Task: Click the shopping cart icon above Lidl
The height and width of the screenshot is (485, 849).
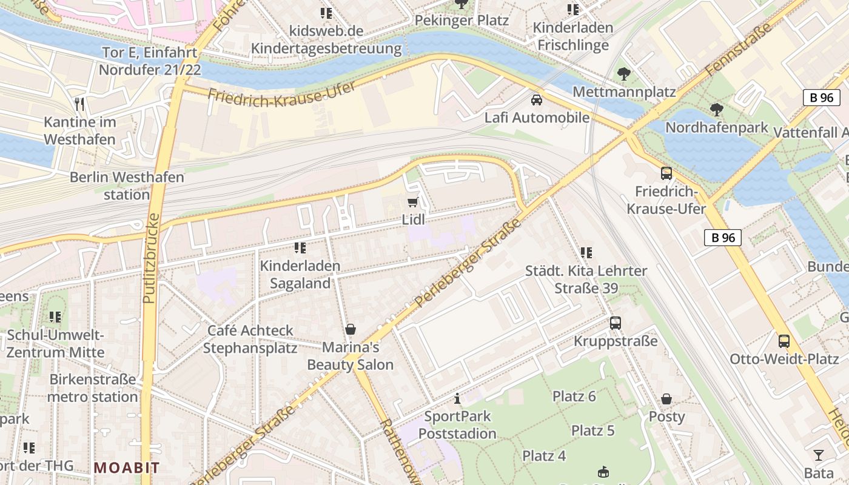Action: [x=413, y=202]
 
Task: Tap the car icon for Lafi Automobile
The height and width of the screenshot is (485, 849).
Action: [x=536, y=100]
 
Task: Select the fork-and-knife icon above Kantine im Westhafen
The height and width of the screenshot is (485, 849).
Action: [x=79, y=104]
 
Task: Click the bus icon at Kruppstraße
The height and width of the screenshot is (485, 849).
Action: [x=616, y=323]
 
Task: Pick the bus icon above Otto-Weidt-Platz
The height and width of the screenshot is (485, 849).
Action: [x=784, y=341]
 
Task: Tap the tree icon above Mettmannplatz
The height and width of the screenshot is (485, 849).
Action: [x=623, y=75]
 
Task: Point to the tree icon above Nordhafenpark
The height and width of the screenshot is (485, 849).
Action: [x=716, y=110]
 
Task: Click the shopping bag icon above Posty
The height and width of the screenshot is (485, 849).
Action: [x=666, y=399]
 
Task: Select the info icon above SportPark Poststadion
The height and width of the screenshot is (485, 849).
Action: [x=457, y=398]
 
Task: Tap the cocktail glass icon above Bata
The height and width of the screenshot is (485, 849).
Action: [x=819, y=455]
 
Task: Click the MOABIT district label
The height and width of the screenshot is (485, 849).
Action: [x=127, y=467]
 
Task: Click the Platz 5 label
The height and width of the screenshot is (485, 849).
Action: [x=592, y=430]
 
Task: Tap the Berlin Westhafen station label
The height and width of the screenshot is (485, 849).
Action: [x=127, y=186]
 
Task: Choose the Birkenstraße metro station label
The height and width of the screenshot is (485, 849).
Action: [x=93, y=388]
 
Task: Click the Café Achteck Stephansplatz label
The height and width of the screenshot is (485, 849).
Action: [x=250, y=339]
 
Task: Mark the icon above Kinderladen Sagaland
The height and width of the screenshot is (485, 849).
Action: [x=300, y=248]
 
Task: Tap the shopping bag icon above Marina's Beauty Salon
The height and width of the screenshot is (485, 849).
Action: [x=350, y=329]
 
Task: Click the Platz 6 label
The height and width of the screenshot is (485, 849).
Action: [x=574, y=396]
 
